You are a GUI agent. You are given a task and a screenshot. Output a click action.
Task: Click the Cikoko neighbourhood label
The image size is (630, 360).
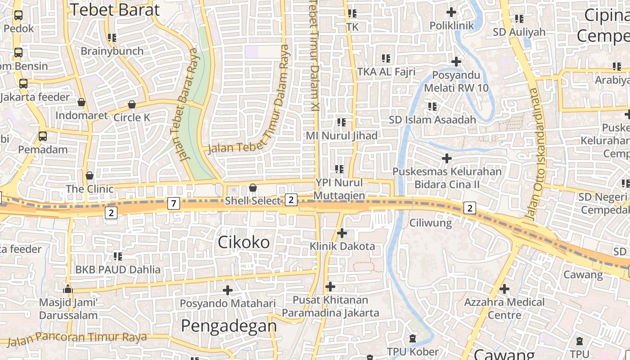coord(244,243)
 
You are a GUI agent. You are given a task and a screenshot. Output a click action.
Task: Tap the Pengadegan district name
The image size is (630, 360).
coord(229,325)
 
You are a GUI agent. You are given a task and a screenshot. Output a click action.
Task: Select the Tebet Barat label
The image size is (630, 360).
coord(115,10)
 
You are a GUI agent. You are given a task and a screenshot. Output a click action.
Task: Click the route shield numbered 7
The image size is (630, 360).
coord(174,203)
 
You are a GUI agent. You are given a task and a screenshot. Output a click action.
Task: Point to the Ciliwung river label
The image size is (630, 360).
coord(430,223)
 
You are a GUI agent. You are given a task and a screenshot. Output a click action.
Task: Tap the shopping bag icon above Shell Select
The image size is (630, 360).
coord(253,187)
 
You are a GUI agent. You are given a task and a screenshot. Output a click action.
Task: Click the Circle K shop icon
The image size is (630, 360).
coord(132,104)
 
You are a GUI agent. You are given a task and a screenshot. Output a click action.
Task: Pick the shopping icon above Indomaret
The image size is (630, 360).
coord(81,102)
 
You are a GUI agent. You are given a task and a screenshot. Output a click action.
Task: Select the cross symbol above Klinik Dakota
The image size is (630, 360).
coord(342,233)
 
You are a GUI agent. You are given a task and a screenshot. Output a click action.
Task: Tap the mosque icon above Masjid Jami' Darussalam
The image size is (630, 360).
coord(68,288)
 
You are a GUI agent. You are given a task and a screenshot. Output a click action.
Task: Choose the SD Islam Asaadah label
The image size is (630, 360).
coord(432,120)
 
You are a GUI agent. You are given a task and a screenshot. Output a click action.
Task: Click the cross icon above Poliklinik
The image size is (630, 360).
coord(451,12)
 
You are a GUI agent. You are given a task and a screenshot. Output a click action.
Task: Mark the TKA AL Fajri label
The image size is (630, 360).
coord(386,72)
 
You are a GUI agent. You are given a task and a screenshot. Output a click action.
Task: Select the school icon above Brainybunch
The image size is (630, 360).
coord(112,38)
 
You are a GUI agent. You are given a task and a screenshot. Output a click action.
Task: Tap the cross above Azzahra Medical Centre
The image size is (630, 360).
coord(504,288)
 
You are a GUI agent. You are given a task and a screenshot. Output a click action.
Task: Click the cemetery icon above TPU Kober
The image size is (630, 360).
coord(413,338)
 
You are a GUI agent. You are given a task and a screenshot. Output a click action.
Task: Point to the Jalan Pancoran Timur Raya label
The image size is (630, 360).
coord(77,338)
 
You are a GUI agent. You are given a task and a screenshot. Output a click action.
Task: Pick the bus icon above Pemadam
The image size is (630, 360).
coord(43,136)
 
